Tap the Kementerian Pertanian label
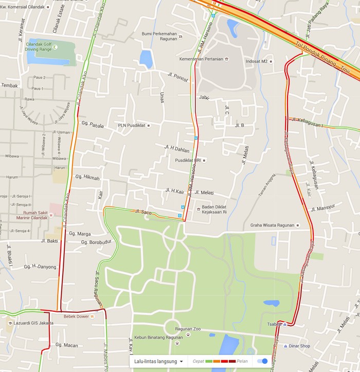tap(201, 59)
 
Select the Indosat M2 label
tap(258, 61)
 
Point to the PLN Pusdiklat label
tap(132, 125)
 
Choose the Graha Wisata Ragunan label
tap(272, 225)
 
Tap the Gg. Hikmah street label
tap(87, 178)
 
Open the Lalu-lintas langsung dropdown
tap(159, 361)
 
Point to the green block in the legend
tap(209, 361)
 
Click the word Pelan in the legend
tap(242, 361)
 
